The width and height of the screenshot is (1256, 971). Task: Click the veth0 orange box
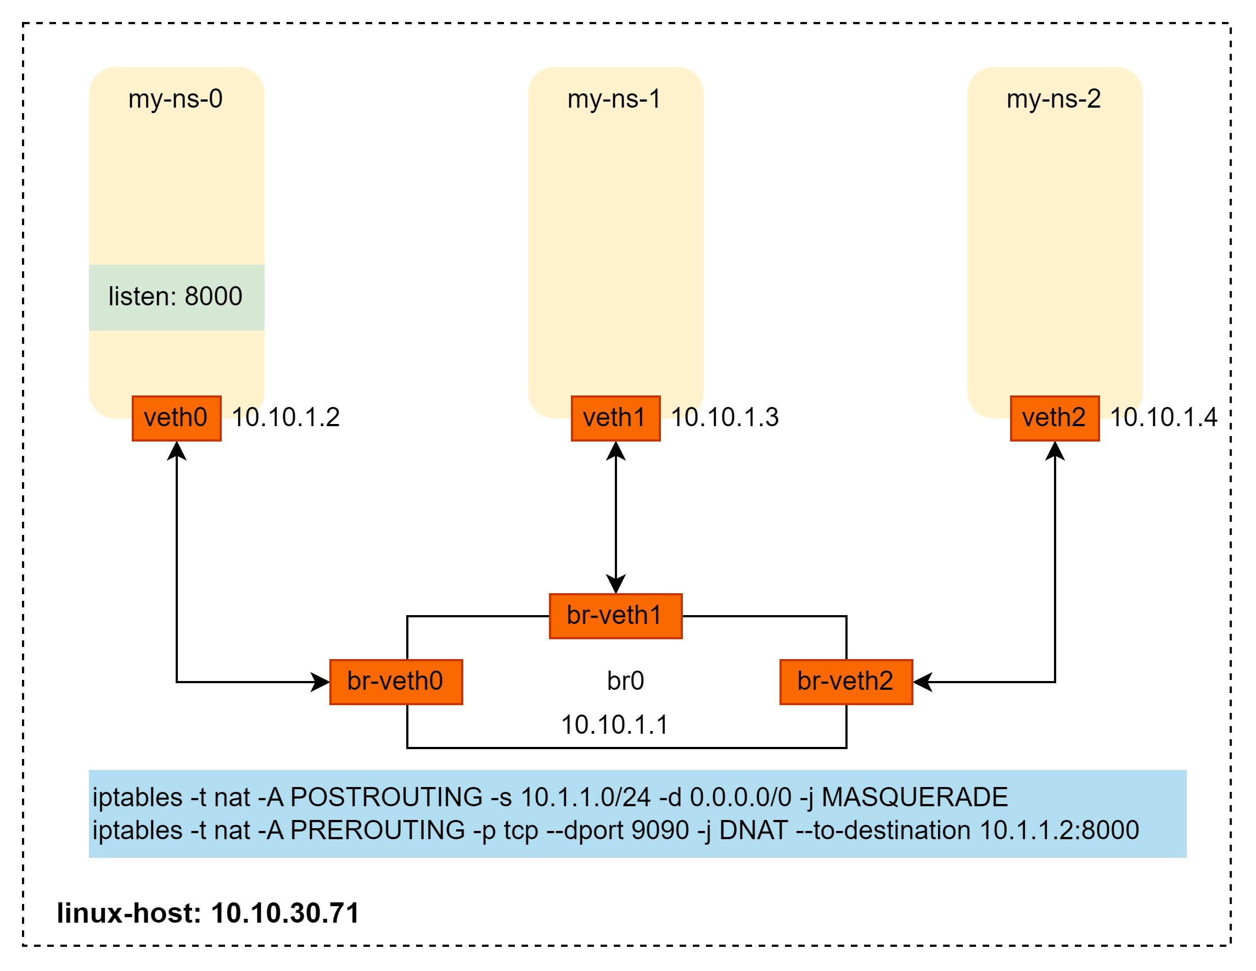[x=177, y=418]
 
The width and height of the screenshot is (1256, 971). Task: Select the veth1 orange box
[x=615, y=418]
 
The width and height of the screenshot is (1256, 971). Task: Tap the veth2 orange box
[x=1054, y=418]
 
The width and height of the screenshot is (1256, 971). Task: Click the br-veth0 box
[x=396, y=682]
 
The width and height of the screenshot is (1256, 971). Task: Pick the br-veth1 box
[x=615, y=616]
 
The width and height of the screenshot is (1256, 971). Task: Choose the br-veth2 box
[x=845, y=682]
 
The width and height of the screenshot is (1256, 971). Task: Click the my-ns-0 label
[x=176, y=99]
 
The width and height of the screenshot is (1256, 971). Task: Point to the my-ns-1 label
[x=614, y=99]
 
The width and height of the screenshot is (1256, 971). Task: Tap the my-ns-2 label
[x=1053, y=99]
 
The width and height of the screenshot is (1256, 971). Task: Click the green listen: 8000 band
[x=176, y=297]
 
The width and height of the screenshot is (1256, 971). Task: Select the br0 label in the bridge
[x=626, y=681]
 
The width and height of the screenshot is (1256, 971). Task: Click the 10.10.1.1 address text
[x=615, y=725]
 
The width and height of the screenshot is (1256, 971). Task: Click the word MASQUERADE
[x=915, y=797]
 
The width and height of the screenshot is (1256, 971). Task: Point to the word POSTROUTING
[x=386, y=797]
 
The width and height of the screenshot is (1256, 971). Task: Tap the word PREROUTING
[x=378, y=830]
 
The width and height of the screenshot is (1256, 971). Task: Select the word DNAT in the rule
[x=753, y=830]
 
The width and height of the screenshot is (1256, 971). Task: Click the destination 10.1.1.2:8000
[x=1059, y=830]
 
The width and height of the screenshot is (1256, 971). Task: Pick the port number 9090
[x=660, y=830]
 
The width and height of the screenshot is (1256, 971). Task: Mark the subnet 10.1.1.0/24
[x=585, y=797]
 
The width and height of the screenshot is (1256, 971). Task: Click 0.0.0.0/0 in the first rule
[x=741, y=797]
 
